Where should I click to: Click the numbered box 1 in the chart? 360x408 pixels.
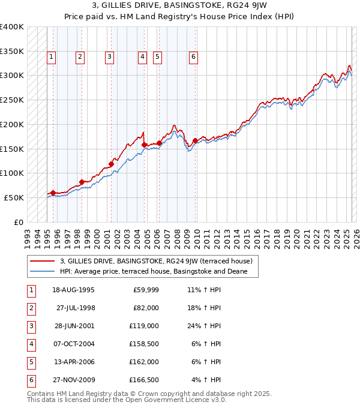pyautogui.click(x=51, y=57)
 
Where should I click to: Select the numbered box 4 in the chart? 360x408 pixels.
pyautogui.click(x=142, y=57)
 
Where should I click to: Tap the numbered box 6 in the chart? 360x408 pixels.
pyautogui.click(x=193, y=57)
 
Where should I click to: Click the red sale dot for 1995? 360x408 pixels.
pyautogui.click(x=53, y=193)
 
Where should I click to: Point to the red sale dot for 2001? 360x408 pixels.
pyautogui.click(x=111, y=164)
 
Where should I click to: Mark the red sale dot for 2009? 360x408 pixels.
pyautogui.click(x=195, y=141)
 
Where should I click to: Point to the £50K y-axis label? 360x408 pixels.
pyautogui.click(x=14, y=197)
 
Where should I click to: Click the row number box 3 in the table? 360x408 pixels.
pyautogui.click(x=31, y=326)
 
